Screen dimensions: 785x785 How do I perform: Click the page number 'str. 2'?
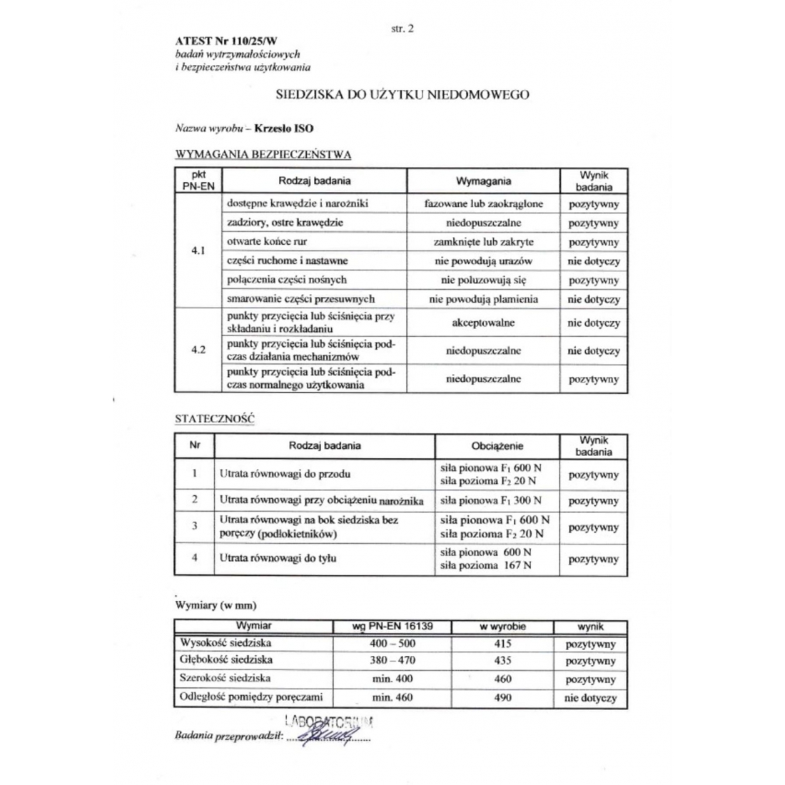(x=402, y=29)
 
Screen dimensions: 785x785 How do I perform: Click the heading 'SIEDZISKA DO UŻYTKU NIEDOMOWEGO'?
(x=402, y=94)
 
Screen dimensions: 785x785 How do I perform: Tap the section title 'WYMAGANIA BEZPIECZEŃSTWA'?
(x=263, y=153)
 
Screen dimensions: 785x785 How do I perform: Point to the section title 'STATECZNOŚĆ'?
(x=214, y=419)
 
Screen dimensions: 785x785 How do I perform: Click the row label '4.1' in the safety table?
(x=198, y=251)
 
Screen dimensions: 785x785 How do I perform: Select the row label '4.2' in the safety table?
(x=198, y=350)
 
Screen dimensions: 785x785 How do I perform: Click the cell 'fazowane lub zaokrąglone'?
(x=483, y=204)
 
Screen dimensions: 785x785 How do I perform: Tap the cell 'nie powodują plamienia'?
(x=483, y=300)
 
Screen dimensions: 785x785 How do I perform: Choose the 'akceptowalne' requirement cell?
(x=483, y=323)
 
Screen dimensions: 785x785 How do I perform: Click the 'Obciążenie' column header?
(x=497, y=446)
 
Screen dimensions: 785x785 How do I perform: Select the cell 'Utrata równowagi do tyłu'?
(x=278, y=558)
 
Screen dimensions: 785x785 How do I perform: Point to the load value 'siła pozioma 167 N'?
(x=486, y=566)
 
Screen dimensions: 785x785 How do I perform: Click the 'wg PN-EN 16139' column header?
(x=392, y=627)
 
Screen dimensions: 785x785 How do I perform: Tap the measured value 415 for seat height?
(x=502, y=644)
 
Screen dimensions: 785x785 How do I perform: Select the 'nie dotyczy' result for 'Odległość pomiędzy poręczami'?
(x=590, y=698)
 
